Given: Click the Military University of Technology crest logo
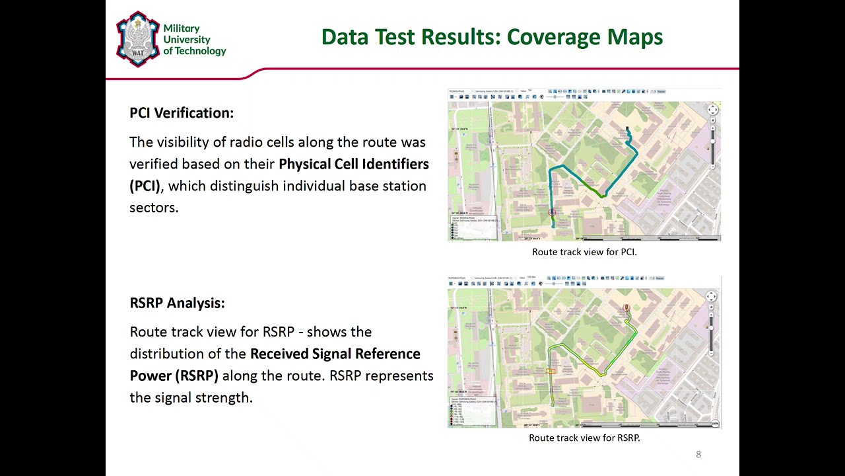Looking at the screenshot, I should click(x=137, y=39).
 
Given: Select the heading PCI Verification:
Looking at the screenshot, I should click(x=182, y=113).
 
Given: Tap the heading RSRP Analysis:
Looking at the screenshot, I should click(x=177, y=303).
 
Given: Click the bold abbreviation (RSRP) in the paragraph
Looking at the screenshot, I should click(x=196, y=376).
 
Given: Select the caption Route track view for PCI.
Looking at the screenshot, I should click(x=584, y=252).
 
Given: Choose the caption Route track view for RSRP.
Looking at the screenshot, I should click(x=584, y=438).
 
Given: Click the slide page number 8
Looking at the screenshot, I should click(x=698, y=454).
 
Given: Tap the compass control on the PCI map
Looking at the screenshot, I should click(x=712, y=110).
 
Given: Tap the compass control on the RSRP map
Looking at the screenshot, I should click(x=711, y=297).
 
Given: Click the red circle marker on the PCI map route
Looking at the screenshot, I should click(x=553, y=212).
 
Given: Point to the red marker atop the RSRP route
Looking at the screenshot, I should click(x=626, y=308).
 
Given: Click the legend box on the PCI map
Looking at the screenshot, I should click(x=473, y=227).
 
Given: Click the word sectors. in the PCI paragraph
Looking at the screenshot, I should click(x=154, y=208).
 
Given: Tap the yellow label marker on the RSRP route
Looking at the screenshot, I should click(x=551, y=372).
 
